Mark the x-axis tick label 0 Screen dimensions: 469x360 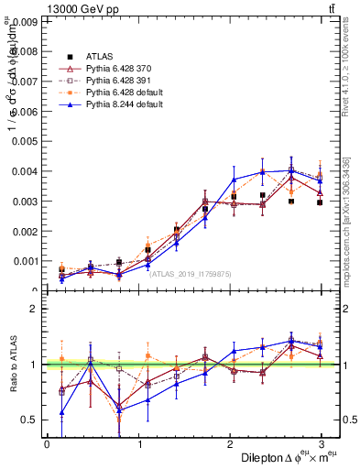coord(47,444)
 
